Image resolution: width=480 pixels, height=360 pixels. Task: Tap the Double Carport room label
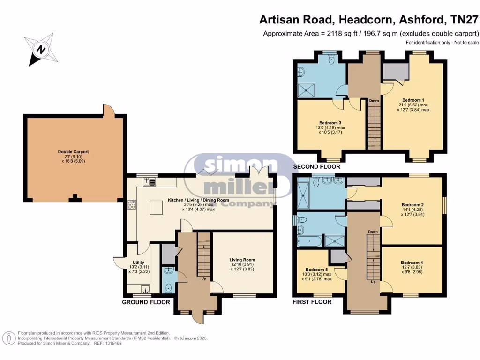[73, 152]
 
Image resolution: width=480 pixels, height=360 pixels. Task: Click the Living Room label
[242, 259]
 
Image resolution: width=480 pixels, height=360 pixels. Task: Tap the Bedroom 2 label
[412, 205]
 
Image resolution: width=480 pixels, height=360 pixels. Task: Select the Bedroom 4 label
[412, 263]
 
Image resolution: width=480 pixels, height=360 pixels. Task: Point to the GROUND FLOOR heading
[146, 302]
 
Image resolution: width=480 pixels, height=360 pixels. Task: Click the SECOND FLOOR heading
[316, 166]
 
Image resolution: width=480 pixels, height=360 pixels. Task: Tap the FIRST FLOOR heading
[312, 302]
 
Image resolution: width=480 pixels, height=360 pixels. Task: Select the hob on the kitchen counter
[132, 205]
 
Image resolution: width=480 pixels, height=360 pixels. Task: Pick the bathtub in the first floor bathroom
[309, 242]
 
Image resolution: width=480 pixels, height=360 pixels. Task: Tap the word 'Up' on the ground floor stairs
[204, 278]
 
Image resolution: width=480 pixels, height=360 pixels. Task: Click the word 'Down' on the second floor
[374, 101]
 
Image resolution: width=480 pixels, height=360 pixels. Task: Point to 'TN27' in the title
[465, 20]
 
